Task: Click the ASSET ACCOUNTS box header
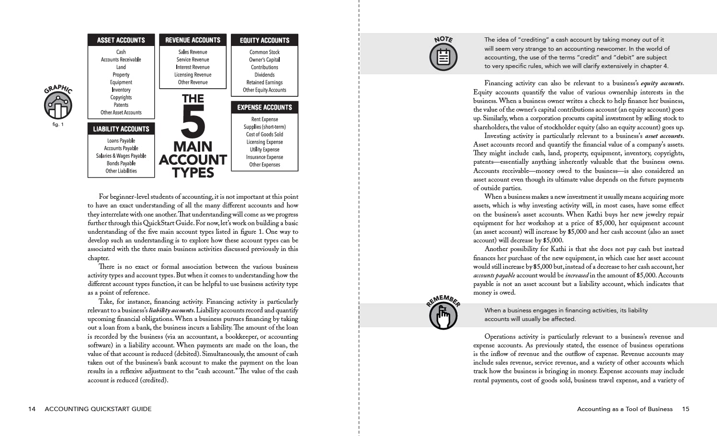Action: [121, 40]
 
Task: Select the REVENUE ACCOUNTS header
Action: [193, 40]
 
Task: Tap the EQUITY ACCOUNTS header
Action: [264, 40]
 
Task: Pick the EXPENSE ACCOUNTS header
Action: [264, 107]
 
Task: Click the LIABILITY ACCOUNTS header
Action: [121, 129]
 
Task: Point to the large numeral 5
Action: [193, 122]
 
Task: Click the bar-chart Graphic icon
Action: [58, 105]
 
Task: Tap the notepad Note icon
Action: [444, 57]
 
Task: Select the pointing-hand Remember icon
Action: [443, 315]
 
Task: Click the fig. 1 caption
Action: [58, 125]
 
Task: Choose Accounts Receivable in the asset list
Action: [121, 59]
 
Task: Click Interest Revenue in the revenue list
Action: [193, 67]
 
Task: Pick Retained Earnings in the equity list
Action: [264, 82]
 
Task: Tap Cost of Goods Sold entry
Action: [264, 134]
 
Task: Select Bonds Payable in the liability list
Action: [121, 163]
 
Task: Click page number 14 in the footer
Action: [32, 409]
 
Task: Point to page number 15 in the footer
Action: [685, 409]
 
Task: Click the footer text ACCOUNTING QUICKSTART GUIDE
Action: [98, 409]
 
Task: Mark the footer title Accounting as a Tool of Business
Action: [625, 409]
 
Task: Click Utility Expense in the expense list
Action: [264, 149]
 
